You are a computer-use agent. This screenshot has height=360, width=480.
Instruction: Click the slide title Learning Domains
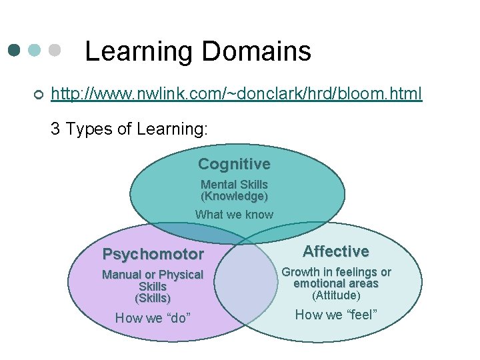pos(198,51)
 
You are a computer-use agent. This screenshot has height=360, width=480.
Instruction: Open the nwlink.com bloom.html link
pos(237,95)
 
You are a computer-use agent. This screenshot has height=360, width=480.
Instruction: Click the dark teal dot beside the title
pos(15,51)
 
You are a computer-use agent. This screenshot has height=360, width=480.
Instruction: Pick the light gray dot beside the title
pos(55,51)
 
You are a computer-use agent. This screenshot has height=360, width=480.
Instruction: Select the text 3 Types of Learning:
pos(129,129)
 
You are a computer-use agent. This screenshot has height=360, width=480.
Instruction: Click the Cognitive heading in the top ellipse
pos(234,164)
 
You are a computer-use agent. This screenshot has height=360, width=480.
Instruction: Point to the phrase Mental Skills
pos(234,185)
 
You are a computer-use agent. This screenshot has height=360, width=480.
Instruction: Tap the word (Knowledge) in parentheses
pos(234,197)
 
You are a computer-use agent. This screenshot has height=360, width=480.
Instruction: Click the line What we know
pos(234,215)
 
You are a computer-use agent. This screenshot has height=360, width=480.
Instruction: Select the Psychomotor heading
pos(153,255)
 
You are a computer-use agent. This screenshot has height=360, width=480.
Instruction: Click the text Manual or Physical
pos(153,275)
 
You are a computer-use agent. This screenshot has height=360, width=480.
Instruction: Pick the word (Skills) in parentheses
pos(153,298)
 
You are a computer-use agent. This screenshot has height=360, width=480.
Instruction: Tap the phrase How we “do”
pos(153,318)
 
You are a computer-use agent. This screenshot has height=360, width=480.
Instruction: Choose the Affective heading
pos(336,251)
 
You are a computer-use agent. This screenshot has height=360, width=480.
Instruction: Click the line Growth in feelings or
pos(336,272)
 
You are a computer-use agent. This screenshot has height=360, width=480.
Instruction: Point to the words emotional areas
pos(336,283)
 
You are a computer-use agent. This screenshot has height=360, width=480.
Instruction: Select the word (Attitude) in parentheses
pos(336,295)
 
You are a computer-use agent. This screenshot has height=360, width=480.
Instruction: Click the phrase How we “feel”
pos(336,315)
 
